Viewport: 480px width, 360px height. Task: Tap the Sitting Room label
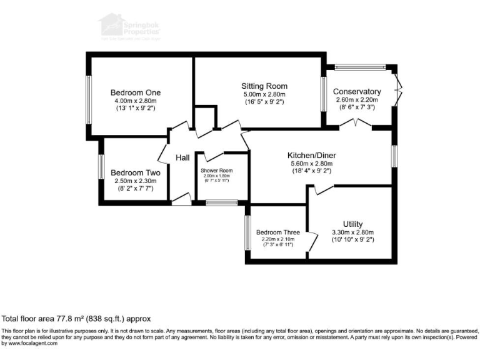(264, 86)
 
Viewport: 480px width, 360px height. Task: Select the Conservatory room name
(357, 91)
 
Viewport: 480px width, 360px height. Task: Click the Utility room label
(353, 224)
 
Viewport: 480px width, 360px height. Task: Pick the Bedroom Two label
(135, 172)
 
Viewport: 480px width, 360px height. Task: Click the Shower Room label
(216, 171)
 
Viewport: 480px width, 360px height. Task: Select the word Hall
(182, 158)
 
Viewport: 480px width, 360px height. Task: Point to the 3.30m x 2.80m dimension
(353, 232)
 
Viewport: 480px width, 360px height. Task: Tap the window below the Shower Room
(222, 202)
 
